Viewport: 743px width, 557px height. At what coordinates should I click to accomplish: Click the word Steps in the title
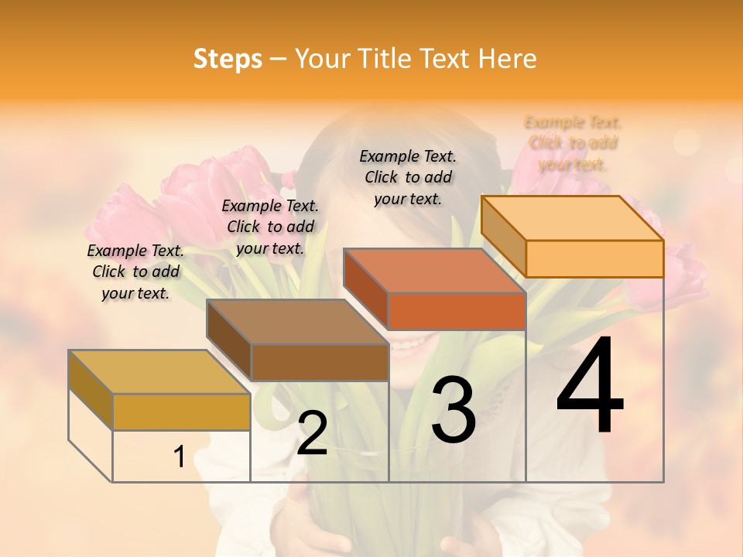[228, 59]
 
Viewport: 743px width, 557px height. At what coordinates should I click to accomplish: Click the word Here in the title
[508, 59]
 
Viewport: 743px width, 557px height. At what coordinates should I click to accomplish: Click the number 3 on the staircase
[453, 410]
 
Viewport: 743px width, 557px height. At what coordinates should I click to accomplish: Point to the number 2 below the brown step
[312, 433]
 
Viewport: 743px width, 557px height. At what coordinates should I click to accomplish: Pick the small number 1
[179, 457]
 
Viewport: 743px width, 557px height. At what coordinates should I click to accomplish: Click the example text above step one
[135, 272]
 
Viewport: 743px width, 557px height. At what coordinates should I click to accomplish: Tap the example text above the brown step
[270, 227]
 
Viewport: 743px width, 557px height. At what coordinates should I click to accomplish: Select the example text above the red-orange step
[408, 177]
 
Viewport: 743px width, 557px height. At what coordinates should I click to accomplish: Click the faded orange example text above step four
[573, 143]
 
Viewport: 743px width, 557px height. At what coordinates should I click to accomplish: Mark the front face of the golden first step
[181, 412]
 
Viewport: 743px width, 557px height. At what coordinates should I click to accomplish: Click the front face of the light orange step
[594, 258]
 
